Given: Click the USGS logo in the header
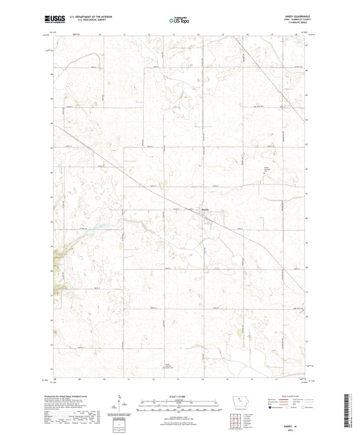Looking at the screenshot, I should tap(54, 19).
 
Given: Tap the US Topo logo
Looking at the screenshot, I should tap(179, 20).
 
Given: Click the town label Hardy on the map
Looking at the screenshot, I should tap(206, 210).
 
